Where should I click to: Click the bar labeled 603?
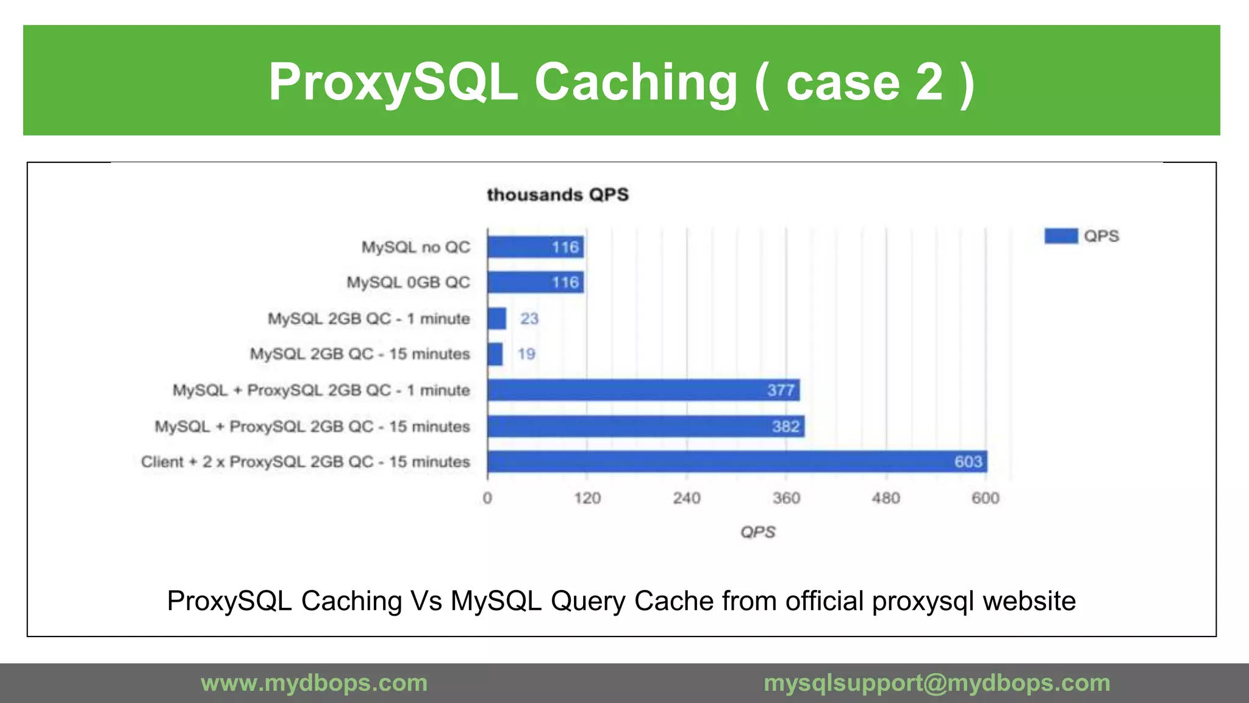click(x=737, y=462)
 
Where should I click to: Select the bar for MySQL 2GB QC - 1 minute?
click(x=497, y=319)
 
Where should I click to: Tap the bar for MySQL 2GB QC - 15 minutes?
click(x=495, y=354)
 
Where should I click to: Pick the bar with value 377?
click(x=643, y=391)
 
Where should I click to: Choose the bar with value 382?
click(x=646, y=427)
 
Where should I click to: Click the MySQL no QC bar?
click(x=535, y=247)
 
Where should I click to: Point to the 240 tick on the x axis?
click(x=687, y=499)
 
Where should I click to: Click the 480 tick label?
click(x=886, y=499)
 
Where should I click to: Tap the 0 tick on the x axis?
click(x=487, y=499)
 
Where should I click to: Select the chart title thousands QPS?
click(x=557, y=195)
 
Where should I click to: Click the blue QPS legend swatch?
click(x=1061, y=236)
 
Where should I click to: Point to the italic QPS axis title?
click(x=757, y=532)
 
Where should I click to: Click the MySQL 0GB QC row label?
click(x=408, y=283)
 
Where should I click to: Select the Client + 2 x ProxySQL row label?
click(x=305, y=462)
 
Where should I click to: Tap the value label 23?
click(x=529, y=319)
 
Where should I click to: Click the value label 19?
click(x=526, y=354)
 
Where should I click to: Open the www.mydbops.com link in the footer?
click(x=314, y=683)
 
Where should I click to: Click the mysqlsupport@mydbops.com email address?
click(x=937, y=683)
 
